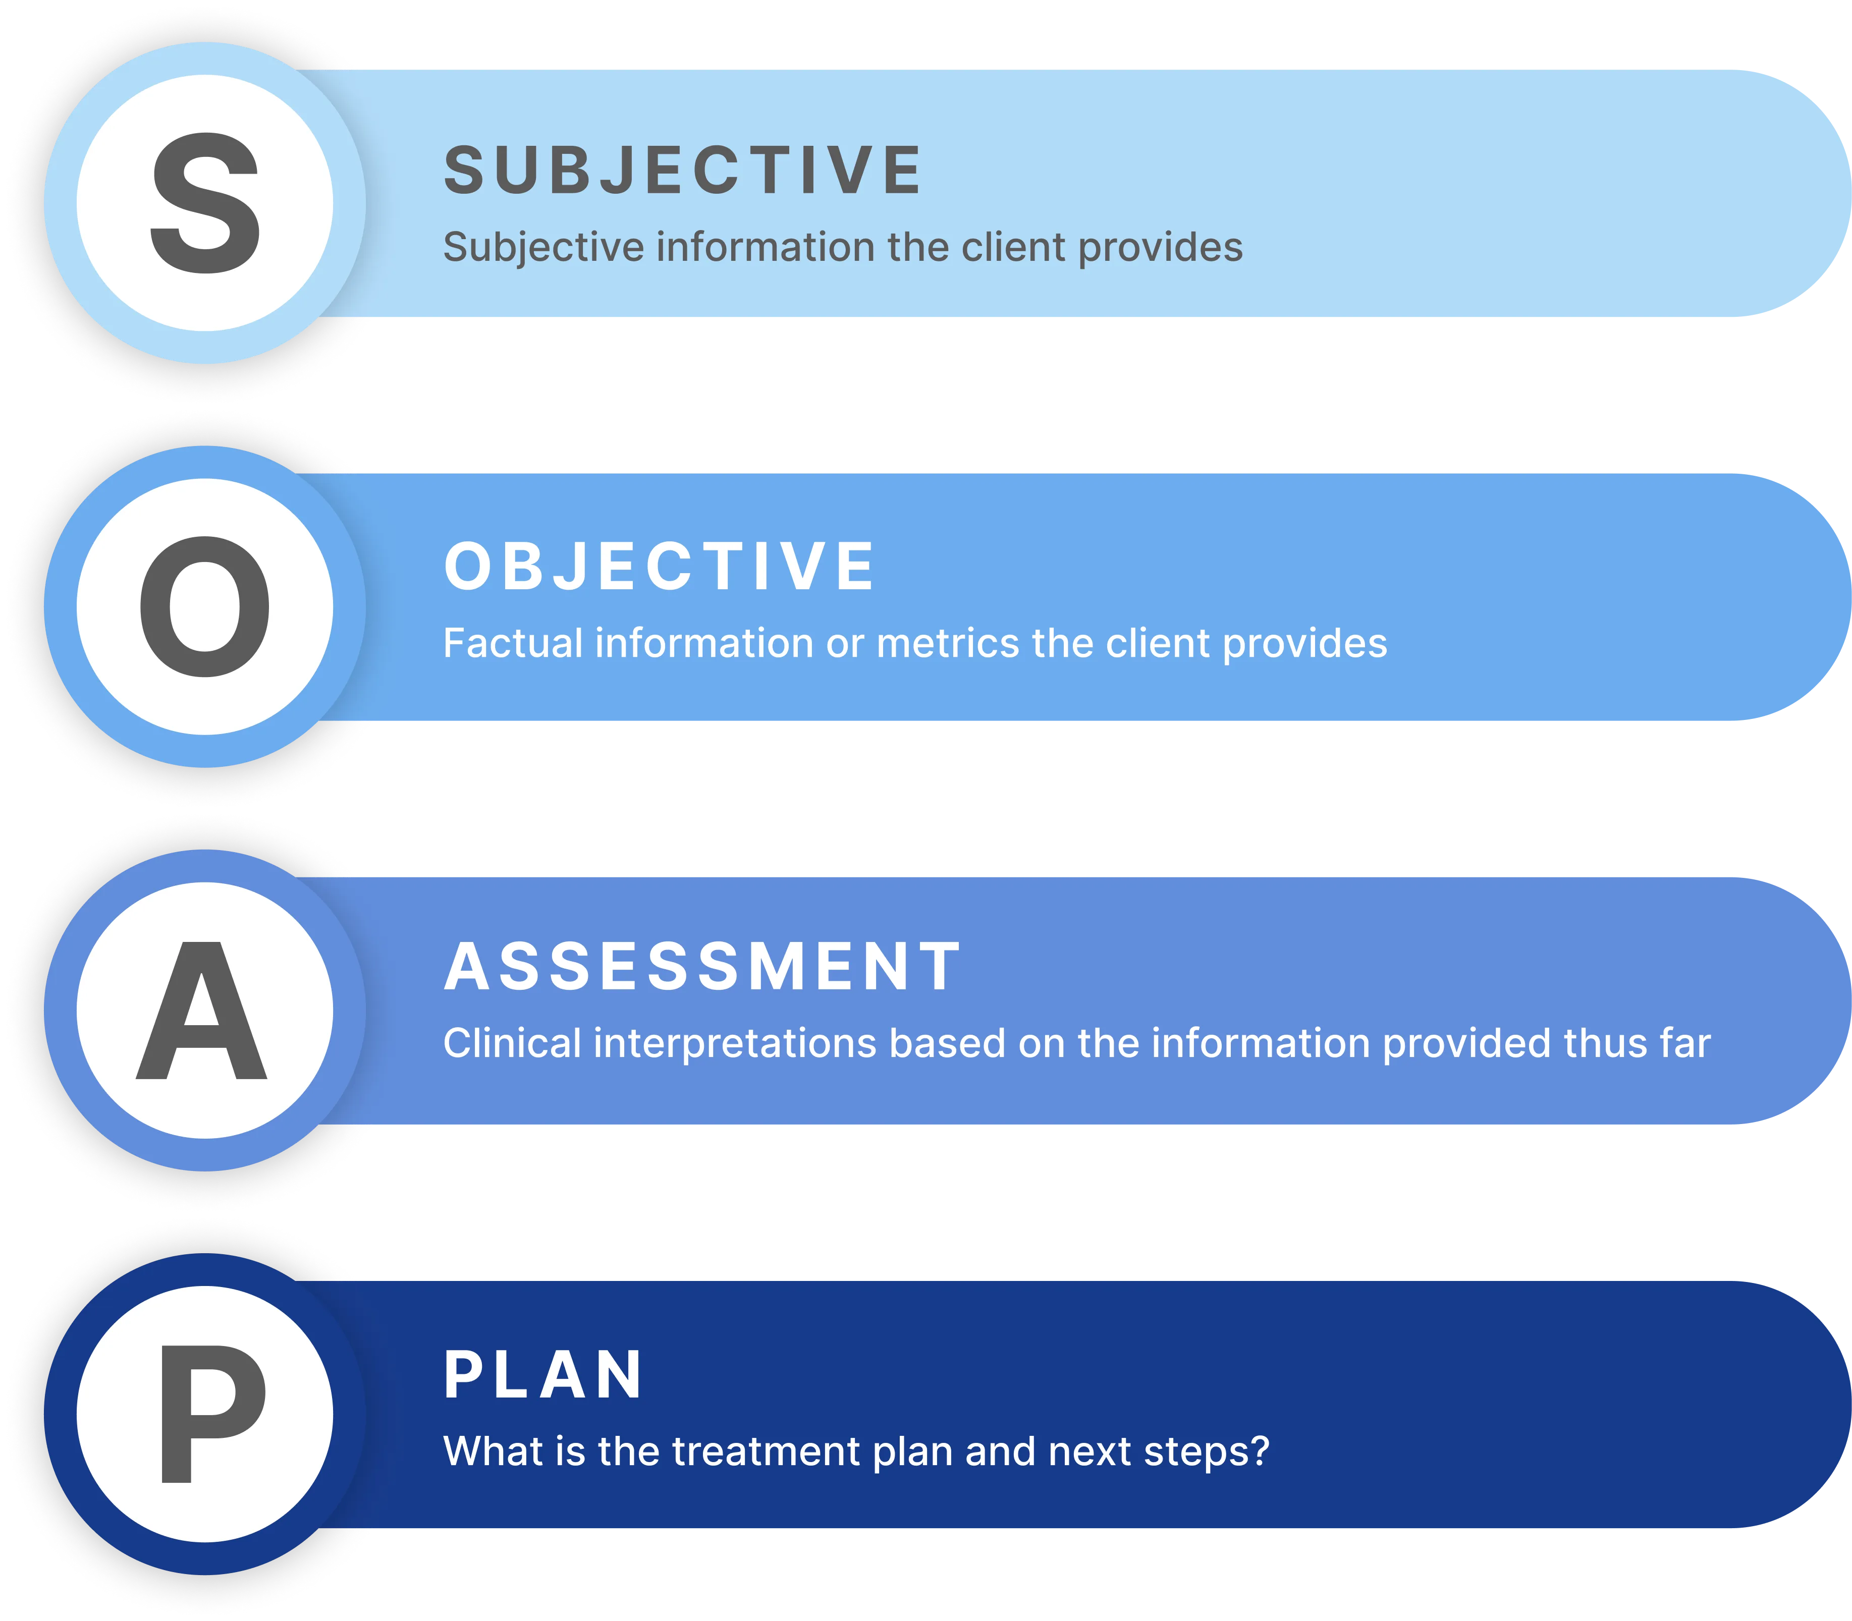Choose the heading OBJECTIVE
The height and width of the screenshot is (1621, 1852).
point(660,567)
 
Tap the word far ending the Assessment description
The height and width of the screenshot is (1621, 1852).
point(1684,1044)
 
